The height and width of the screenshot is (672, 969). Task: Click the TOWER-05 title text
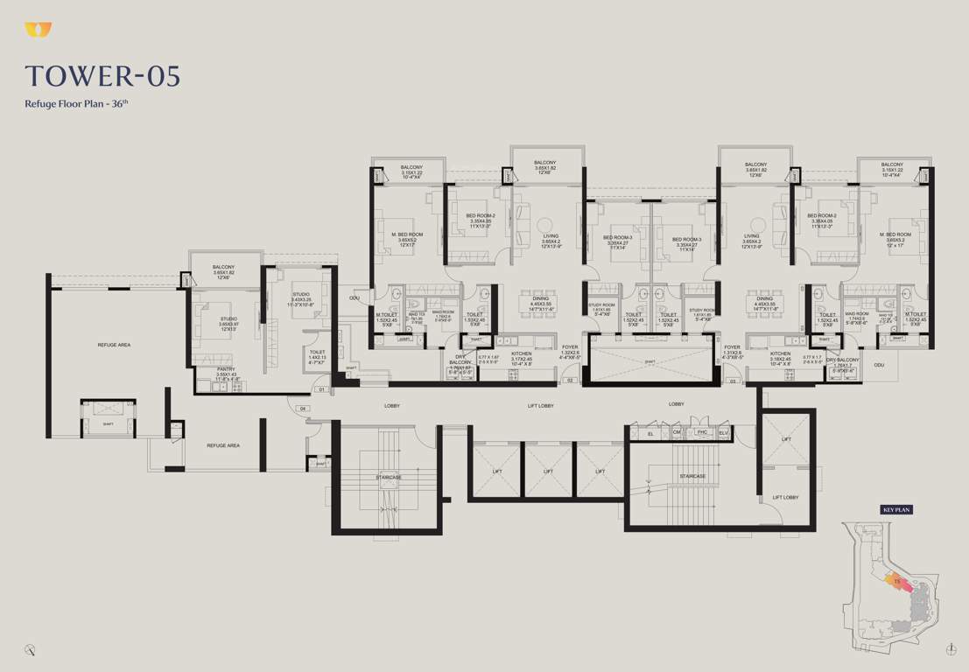103,76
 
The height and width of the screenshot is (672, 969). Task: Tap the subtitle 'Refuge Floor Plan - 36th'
77,103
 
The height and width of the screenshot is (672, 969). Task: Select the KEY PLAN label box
896,509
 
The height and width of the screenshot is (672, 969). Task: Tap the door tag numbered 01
321,389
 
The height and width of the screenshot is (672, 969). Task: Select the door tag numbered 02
569,381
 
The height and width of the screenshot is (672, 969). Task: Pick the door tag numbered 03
733,381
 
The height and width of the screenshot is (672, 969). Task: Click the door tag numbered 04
303,409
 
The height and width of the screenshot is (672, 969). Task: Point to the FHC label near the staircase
701,432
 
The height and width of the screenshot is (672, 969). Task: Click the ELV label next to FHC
723,432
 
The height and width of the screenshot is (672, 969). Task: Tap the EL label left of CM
650,433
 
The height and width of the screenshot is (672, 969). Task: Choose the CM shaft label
676,432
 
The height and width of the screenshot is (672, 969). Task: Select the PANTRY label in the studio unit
225,369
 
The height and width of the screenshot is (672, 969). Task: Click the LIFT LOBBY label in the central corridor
540,405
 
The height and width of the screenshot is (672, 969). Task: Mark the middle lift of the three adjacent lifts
547,471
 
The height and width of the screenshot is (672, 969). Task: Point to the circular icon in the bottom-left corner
31,648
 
